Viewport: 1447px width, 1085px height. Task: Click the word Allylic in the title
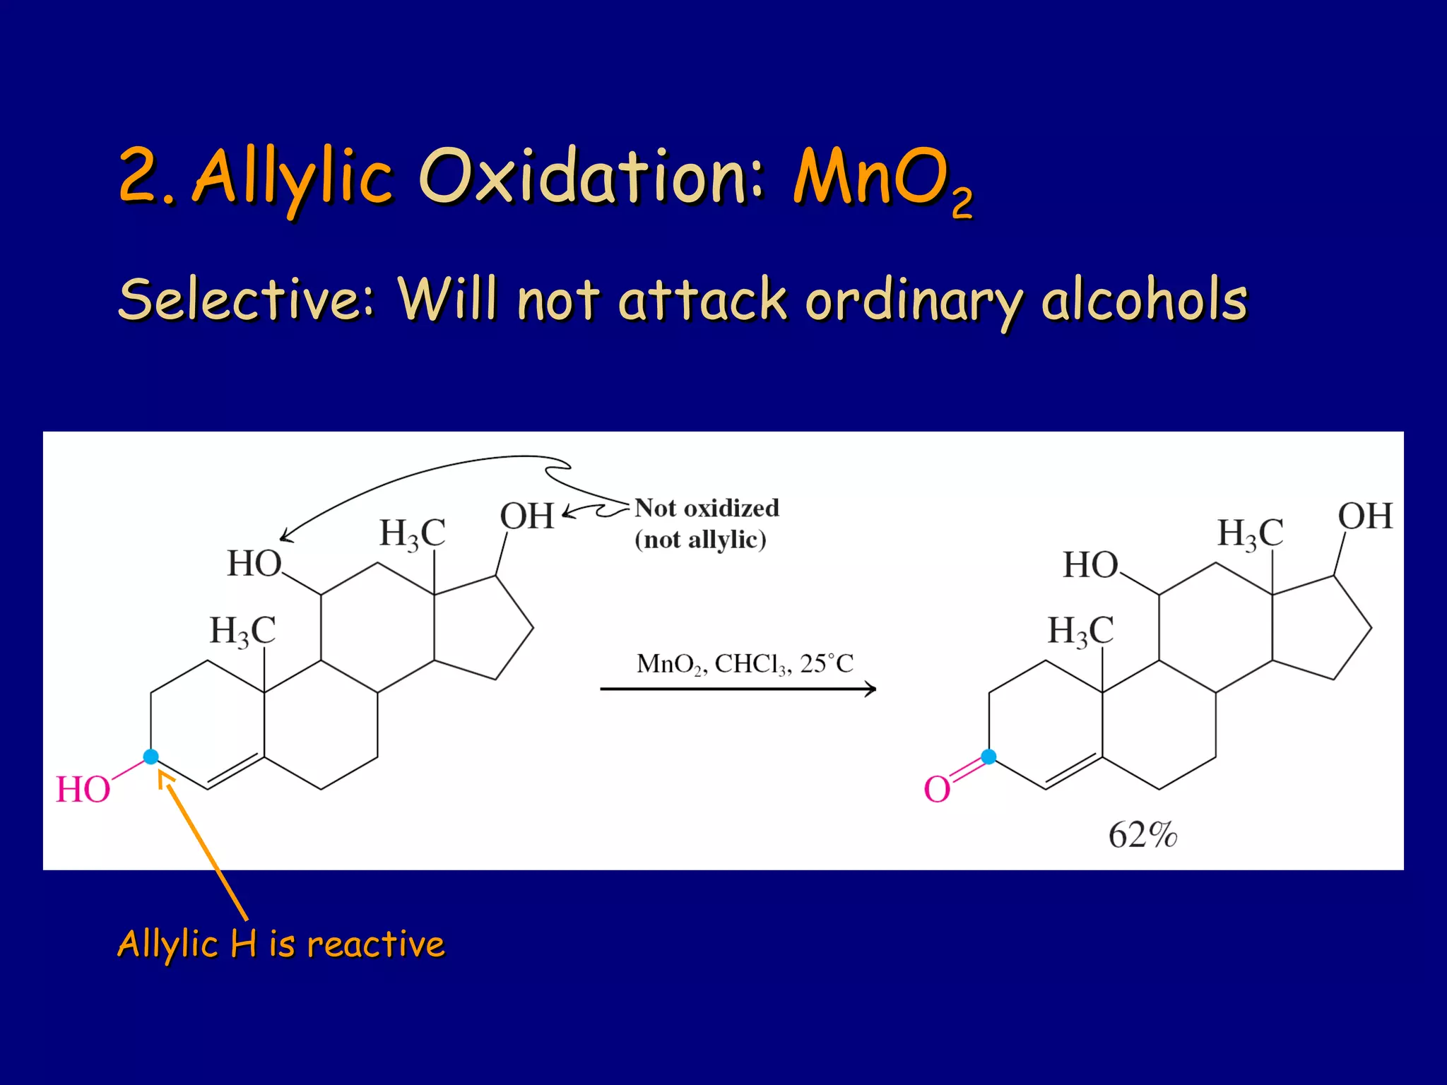292,177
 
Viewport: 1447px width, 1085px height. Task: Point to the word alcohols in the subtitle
1145,300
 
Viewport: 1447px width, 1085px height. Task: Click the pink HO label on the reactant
83,789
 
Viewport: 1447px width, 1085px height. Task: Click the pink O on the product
937,789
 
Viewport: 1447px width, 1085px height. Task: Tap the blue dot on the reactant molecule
150,757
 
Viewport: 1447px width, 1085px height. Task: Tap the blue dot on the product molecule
988,757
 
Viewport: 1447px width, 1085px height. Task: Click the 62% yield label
1142,835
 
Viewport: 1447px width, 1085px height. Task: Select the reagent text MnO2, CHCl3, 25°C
745,664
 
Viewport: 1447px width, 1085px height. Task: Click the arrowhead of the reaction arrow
871,689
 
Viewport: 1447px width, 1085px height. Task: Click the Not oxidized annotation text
707,508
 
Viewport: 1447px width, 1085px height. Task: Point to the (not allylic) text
700,540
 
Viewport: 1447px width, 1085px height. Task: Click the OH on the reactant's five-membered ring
527,516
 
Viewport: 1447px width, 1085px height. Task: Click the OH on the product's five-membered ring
1365,516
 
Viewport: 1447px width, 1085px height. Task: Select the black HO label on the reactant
254,564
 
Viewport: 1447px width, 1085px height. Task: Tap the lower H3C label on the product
1080,630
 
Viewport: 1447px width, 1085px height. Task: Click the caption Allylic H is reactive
281,944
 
